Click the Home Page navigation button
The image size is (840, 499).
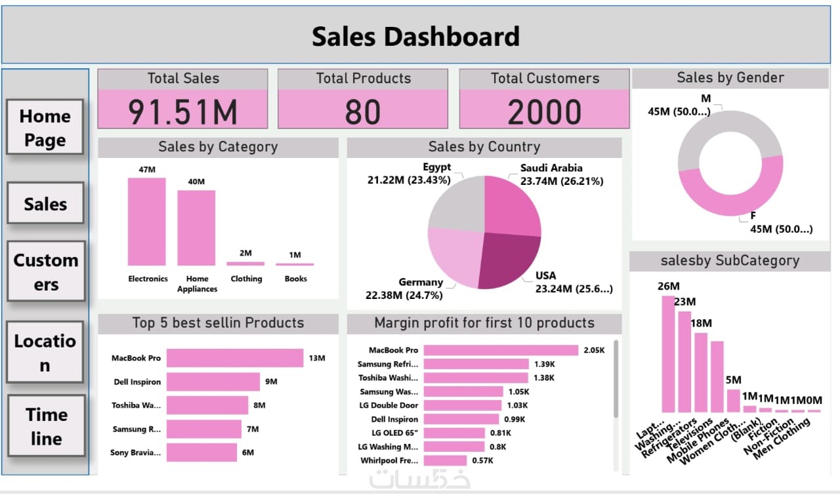click(x=45, y=127)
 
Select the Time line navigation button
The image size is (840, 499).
click(x=46, y=426)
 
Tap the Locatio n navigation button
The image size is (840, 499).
click(x=45, y=352)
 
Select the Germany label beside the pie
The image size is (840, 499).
click(x=421, y=282)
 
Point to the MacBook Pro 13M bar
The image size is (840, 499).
click(x=234, y=358)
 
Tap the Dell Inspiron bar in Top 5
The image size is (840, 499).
click(x=213, y=382)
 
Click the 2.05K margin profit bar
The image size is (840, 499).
click(x=501, y=350)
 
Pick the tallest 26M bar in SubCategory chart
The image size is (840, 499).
click(x=668, y=353)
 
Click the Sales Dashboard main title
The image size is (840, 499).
click(x=415, y=37)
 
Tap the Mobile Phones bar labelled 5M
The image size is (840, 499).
click(x=733, y=400)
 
